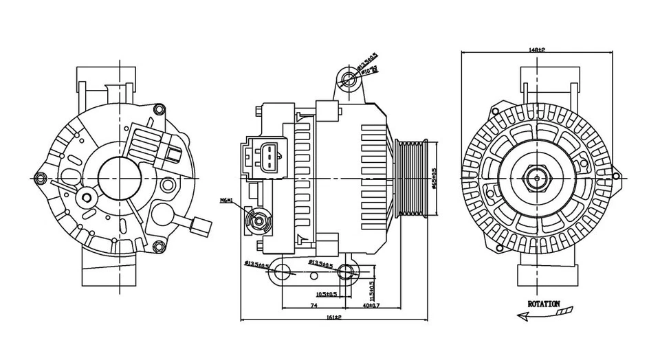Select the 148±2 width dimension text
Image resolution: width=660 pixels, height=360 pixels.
pyautogui.click(x=537, y=49)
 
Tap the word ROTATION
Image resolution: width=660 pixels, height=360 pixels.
pyautogui.click(x=543, y=303)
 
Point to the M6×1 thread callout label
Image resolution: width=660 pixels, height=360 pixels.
pyautogui.click(x=226, y=201)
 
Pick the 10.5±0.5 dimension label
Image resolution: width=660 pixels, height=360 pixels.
pyautogui.click(x=325, y=294)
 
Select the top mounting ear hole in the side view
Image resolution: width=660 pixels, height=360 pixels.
pyautogui.click(x=349, y=78)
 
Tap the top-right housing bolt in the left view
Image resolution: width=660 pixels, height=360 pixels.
pyautogui.click(x=159, y=109)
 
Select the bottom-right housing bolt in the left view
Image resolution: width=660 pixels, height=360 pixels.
pyautogui.click(x=158, y=247)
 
